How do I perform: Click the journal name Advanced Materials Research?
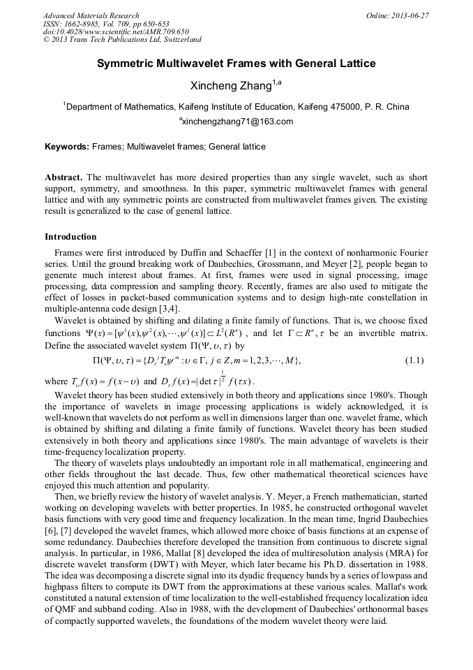[x=91, y=15]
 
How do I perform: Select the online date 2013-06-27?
[x=412, y=15]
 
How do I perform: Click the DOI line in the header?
[x=116, y=32]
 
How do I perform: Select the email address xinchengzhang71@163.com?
[x=238, y=122]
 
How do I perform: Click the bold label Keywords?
[x=67, y=147]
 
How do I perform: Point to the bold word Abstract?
[x=63, y=178]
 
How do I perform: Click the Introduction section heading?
[x=70, y=237]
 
